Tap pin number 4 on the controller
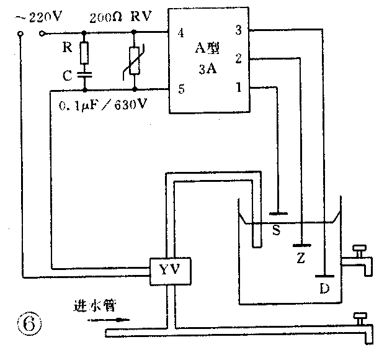coord(180,33)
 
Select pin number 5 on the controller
coord(180,89)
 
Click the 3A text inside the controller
coord(208,70)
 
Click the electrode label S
coord(277,231)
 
